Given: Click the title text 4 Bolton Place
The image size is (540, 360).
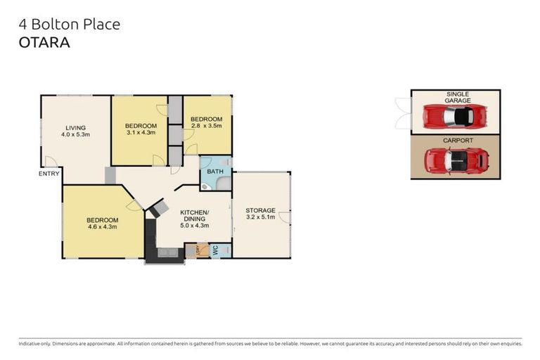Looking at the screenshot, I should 69,25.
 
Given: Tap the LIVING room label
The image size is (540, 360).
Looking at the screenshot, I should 75,127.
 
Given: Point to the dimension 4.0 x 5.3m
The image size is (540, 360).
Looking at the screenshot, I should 75,134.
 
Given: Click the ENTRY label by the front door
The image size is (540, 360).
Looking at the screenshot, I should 49,173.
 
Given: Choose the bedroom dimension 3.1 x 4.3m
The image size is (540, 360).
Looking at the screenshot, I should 141,132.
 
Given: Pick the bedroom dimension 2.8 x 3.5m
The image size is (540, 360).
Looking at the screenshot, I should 207,126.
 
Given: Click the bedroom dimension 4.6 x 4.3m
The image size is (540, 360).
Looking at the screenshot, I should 102,226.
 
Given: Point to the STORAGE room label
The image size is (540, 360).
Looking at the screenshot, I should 259,210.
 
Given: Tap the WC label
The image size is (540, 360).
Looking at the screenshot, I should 215,250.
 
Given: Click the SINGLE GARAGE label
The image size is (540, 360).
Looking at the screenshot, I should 457,97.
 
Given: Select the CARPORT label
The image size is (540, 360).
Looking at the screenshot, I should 457,141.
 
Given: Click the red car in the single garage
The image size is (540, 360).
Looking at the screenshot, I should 456,116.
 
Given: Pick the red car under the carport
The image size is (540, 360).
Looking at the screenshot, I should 456,161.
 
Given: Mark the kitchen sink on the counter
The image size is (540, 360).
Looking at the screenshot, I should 167,252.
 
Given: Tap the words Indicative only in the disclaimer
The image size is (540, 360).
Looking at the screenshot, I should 37,344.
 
